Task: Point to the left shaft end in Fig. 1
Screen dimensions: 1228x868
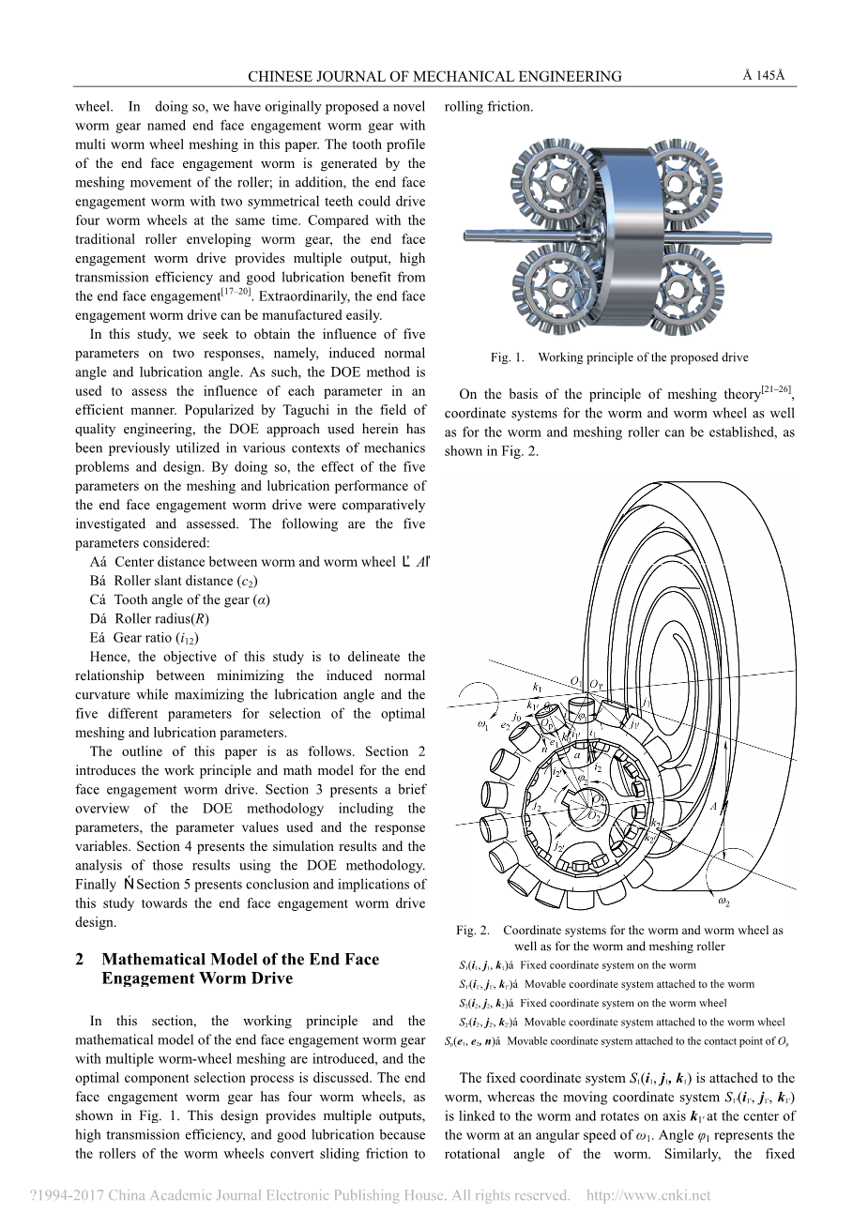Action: pyautogui.click(x=469, y=235)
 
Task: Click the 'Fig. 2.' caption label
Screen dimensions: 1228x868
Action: pyautogui.click(x=473, y=931)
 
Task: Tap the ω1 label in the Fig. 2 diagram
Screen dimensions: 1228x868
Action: pyautogui.click(x=484, y=723)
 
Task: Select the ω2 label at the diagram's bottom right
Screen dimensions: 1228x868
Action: pyautogui.click(x=723, y=902)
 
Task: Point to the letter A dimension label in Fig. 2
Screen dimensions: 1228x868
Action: pyautogui.click(x=713, y=806)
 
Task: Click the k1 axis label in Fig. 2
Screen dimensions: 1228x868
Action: pyautogui.click(x=538, y=686)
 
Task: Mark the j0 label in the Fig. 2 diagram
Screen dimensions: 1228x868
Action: pyautogui.click(x=517, y=717)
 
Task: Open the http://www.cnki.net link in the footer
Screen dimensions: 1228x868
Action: pyautogui.click(x=648, y=1195)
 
